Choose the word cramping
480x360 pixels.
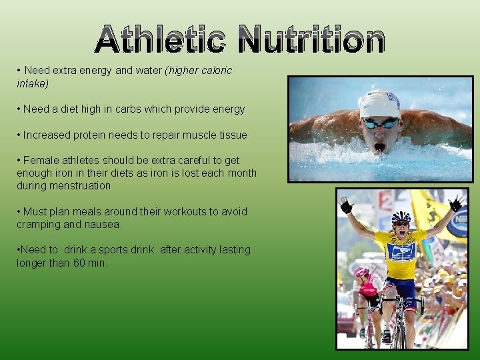click(x=39, y=225)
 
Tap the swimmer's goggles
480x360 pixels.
click(x=379, y=123)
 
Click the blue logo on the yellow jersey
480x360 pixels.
click(x=402, y=253)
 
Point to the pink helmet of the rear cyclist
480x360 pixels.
click(x=362, y=271)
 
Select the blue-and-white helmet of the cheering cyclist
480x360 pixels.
click(x=401, y=217)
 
